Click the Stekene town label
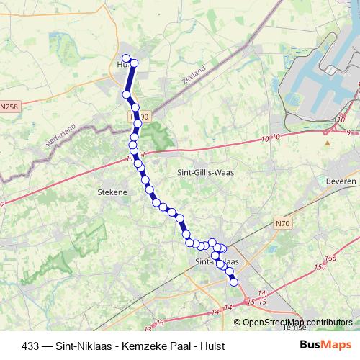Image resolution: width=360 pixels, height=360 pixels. point(112,192)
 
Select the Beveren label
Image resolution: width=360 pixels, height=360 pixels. point(341,181)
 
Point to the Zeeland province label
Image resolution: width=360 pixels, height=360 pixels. point(194,76)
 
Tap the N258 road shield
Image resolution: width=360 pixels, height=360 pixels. point(9,107)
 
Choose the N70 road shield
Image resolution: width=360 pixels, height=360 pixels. point(282,224)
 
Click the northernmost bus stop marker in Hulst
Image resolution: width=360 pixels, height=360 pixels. point(126,59)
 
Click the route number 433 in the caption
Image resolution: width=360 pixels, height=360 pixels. point(30,346)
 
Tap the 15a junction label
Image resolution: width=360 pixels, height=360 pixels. point(330,258)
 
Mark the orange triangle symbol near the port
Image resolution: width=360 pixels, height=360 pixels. point(327,143)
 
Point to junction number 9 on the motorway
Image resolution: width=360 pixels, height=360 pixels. point(348,132)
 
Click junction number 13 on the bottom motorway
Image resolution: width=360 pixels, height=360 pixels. point(159,322)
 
